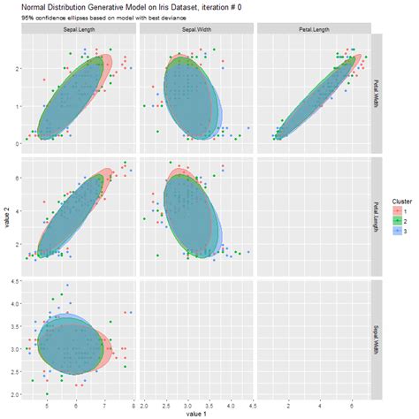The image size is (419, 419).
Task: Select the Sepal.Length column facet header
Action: (x=79, y=29)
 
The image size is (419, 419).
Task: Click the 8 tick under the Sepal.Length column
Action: (x=133, y=404)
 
